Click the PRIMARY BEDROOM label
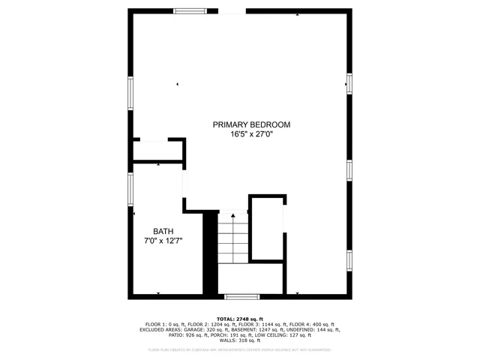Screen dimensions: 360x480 (251, 124)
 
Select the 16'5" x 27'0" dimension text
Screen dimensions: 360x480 (251, 135)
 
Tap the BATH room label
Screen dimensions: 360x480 (163, 232)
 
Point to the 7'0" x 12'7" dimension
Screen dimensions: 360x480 (163, 241)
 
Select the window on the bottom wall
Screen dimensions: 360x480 (242, 297)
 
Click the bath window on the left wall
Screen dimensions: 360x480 (130, 190)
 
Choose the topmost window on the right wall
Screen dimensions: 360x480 (349, 82)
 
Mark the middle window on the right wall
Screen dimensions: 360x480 (349, 169)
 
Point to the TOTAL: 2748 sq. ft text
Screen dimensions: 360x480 (240, 319)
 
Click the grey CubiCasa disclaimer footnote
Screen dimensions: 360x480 (240, 349)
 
